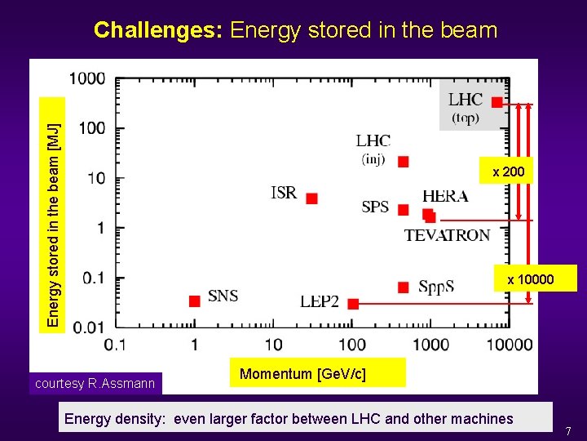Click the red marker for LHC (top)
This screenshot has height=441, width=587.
pos(497,102)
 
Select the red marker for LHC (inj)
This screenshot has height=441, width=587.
pos(403,162)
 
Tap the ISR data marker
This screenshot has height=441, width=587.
pos(311,198)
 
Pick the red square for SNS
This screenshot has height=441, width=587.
pos(194,301)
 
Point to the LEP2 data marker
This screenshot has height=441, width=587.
pos(353,304)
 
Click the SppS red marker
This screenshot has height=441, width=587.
pos(403,287)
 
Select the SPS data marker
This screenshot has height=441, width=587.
pos(403,210)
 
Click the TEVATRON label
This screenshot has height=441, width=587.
pos(448,235)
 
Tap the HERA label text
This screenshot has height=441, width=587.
pos(445,196)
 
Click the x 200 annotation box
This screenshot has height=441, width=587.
pos(508,171)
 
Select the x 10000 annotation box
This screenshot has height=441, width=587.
pos(530,279)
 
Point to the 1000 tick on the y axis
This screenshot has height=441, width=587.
pos(87,79)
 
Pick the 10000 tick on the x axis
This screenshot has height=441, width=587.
pos(510,345)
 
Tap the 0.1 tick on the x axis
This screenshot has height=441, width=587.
pos(115,345)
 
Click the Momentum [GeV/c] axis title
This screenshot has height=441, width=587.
pos(303,374)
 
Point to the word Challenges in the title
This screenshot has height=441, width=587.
pos(158,31)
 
